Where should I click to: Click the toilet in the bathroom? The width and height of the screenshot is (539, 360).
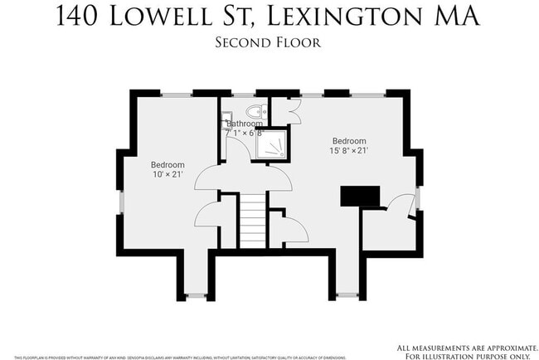point(255,113)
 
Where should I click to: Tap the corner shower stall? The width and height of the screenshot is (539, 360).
point(273,146)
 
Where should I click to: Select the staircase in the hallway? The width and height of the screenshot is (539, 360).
point(252,219)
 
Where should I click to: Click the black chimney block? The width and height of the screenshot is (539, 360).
point(360,197)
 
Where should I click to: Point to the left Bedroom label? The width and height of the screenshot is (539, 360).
point(168,164)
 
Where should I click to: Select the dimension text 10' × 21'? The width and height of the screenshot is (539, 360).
point(168,175)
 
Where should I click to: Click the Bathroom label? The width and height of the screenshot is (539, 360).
point(245,124)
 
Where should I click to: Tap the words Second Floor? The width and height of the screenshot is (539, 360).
point(269,42)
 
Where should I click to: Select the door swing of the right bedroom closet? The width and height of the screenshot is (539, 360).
point(401,207)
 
